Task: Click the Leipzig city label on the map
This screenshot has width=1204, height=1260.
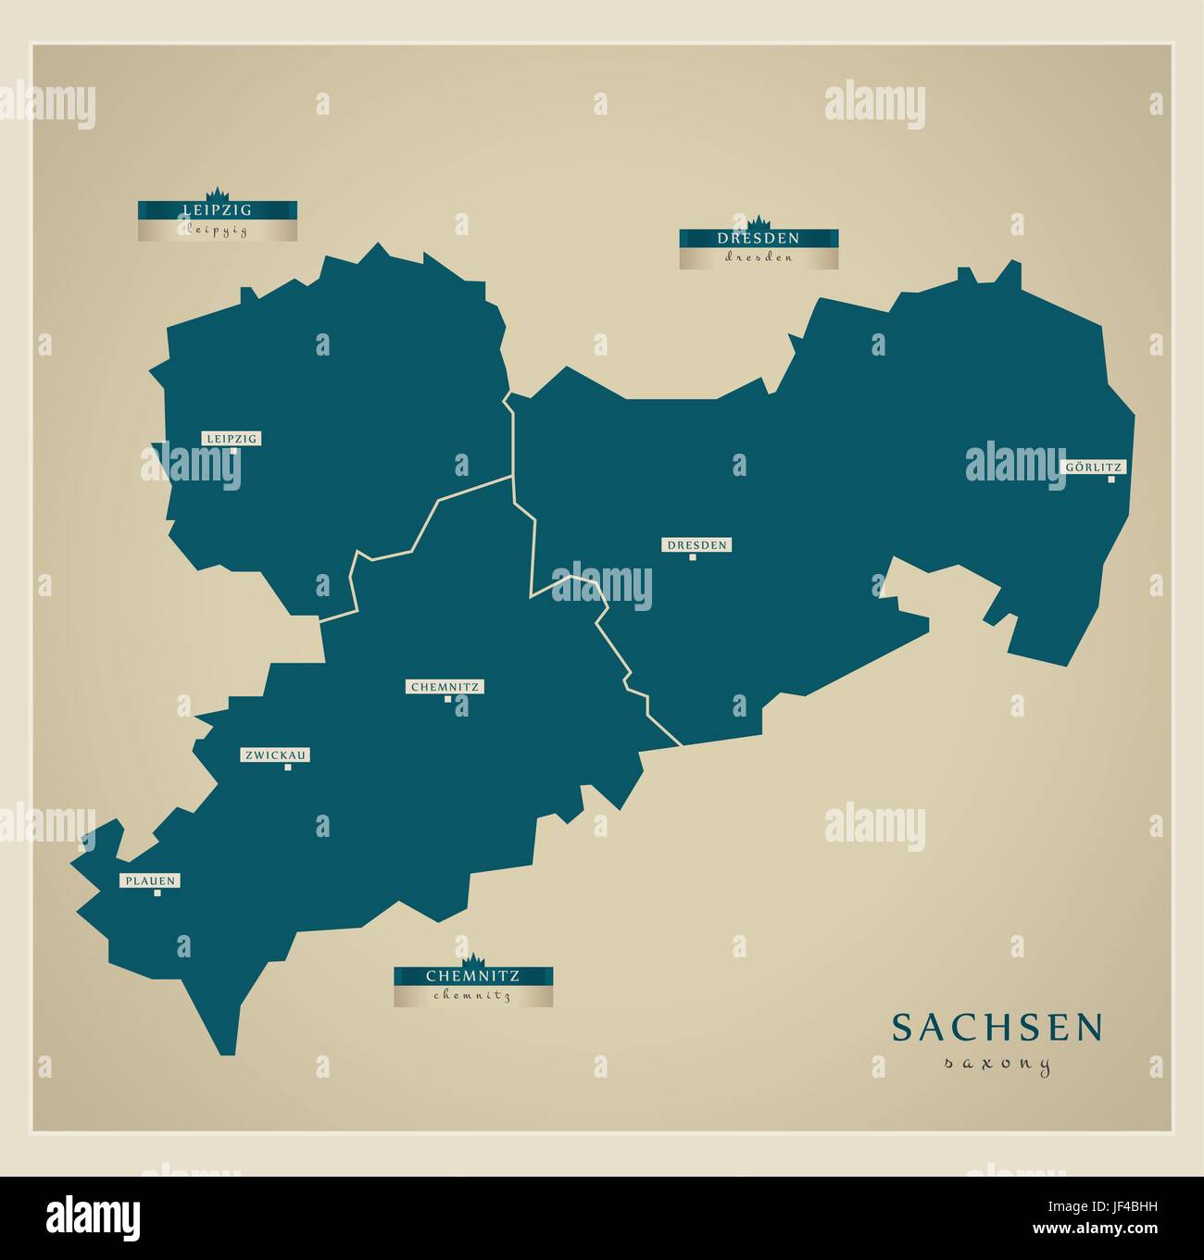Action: pos(232,438)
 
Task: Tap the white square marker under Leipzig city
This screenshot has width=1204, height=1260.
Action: pos(233,452)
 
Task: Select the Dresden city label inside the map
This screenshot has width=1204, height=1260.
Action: pos(696,545)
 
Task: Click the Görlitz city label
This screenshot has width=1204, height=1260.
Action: pos(1093,468)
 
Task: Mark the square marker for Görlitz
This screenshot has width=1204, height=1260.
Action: pos(1110,480)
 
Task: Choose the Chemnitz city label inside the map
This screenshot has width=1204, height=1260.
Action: pos(443,687)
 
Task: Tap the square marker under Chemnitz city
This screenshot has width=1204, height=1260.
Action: pos(447,700)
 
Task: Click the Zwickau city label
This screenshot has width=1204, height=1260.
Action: pos(275,755)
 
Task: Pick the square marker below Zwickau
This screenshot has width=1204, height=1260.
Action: pos(288,767)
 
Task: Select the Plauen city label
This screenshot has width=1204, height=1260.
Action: pos(149,881)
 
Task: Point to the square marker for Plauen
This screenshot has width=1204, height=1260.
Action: pos(157,893)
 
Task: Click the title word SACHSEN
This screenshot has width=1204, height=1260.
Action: pos(997,1028)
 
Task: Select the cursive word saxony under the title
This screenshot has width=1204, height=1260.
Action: pos(997,1065)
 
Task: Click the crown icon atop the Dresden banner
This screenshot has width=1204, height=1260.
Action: pos(759,222)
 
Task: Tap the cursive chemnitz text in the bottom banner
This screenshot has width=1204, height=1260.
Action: pos(472,996)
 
